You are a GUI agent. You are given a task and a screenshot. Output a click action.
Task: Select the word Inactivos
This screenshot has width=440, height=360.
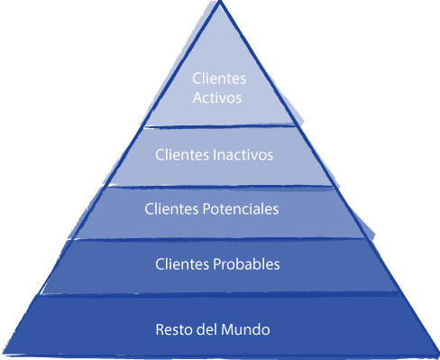pos(243,154)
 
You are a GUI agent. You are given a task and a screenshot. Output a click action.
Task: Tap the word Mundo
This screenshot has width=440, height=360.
pos(248,328)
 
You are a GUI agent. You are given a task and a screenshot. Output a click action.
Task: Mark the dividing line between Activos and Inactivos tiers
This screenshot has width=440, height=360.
pos(219,125)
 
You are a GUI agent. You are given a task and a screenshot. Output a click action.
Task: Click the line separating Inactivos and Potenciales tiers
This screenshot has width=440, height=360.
pos(219,185)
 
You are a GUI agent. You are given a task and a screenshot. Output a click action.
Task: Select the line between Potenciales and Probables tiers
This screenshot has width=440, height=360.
pos(219,239)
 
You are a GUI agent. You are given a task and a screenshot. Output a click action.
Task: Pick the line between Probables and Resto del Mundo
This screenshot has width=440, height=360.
pos(219,294)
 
